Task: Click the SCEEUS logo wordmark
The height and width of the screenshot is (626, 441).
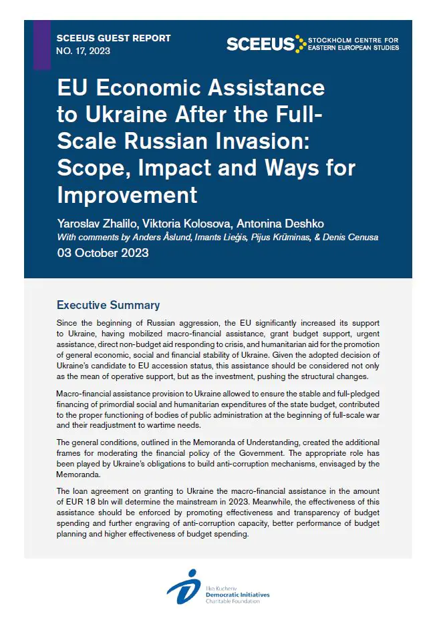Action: [x=260, y=44]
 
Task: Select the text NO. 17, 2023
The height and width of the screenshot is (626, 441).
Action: [x=84, y=51]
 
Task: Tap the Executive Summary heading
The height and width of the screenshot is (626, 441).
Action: [x=108, y=305]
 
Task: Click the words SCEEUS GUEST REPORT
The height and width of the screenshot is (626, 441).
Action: [x=114, y=38]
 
